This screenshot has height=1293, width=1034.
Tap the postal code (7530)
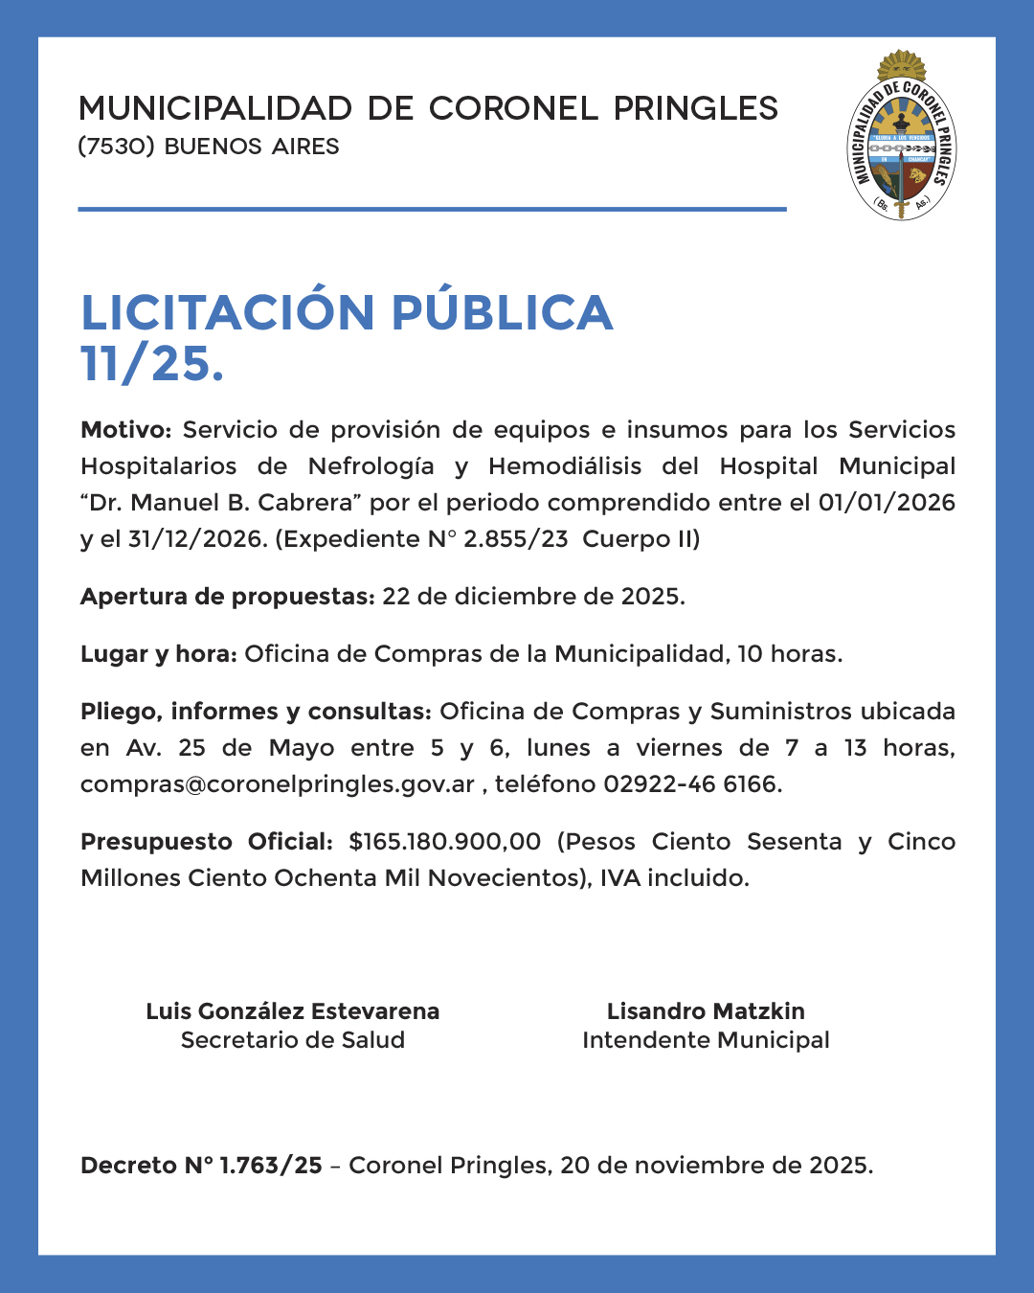tap(116, 147)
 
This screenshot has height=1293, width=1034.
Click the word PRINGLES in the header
tap(696, 108)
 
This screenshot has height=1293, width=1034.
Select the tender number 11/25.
tap(151, 364)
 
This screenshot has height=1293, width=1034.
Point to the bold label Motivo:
tap(125, 430)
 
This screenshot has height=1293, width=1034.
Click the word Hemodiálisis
tap(565, 466)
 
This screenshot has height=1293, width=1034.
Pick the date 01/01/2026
tap(886, 503)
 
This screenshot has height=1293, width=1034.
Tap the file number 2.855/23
tap(515, 539)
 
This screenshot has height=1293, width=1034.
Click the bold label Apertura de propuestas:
tap(227, 597)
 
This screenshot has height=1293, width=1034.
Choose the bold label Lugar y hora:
tap(158, 654)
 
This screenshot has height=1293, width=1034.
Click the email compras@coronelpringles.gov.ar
tap(278, 784)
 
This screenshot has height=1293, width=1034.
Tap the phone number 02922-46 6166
tap(691, 784)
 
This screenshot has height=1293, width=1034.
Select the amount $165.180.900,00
tap(444, 842)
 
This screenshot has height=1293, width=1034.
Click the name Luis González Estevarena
tap(292, 1011)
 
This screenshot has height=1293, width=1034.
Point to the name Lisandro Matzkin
tap(706, 1011)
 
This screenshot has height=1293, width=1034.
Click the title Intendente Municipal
tap(706, 1040)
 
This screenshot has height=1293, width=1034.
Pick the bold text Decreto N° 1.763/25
tap(201, 1166)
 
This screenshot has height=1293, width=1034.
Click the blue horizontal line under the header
tap(432, 209)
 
